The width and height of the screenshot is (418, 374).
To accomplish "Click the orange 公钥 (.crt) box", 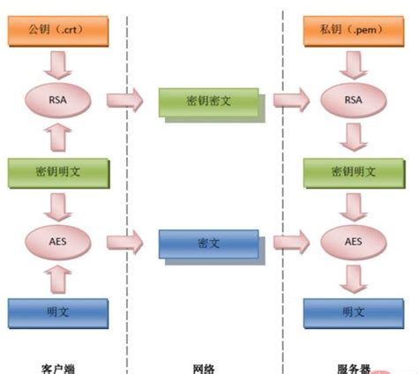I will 57,34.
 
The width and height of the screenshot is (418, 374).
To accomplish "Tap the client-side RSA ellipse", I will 57,101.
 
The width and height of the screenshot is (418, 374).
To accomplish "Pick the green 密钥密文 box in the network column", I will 210,101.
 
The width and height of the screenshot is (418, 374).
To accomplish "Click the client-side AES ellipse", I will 57,240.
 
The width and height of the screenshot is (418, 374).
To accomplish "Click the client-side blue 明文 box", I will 57,311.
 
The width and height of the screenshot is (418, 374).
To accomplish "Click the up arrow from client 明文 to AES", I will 57,277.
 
